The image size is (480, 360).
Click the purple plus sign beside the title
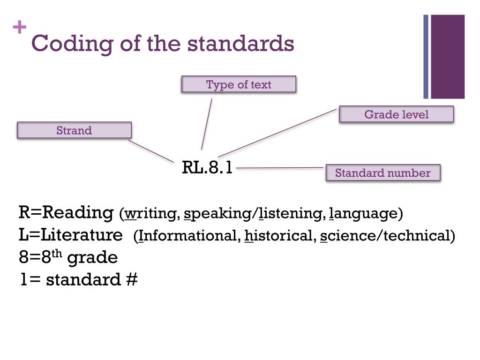pyautogui.click(x=20, y=28)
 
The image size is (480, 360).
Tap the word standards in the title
pyautogui.click(x=241, y=44)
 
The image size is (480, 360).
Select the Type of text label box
pyautogui.click(x=239, y=84)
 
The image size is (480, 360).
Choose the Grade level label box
pyautogui.click(x=396, y=114)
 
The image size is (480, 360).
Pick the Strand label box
pyautogui.click(x=74, y=130)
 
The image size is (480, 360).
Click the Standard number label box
pyautogui.click(x=382, y=173)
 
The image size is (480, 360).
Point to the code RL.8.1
pyautogui.click(x=207, y=167)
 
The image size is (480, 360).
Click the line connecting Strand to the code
pyautogui.click(x=151, y=150)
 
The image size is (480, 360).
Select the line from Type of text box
pyautogui.click(x=207, y=124)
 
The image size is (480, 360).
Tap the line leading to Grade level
pyautogui.click(x=277, y=133)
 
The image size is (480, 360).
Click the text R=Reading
pyautogui.click(x=66, y=212)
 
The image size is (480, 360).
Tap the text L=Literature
pyautogui.click(x=70, y=234)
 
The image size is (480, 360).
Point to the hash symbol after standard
pyautogui.click(x=132, y=279)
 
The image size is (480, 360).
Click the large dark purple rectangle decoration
pyautogui.click(x=448, y=57)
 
